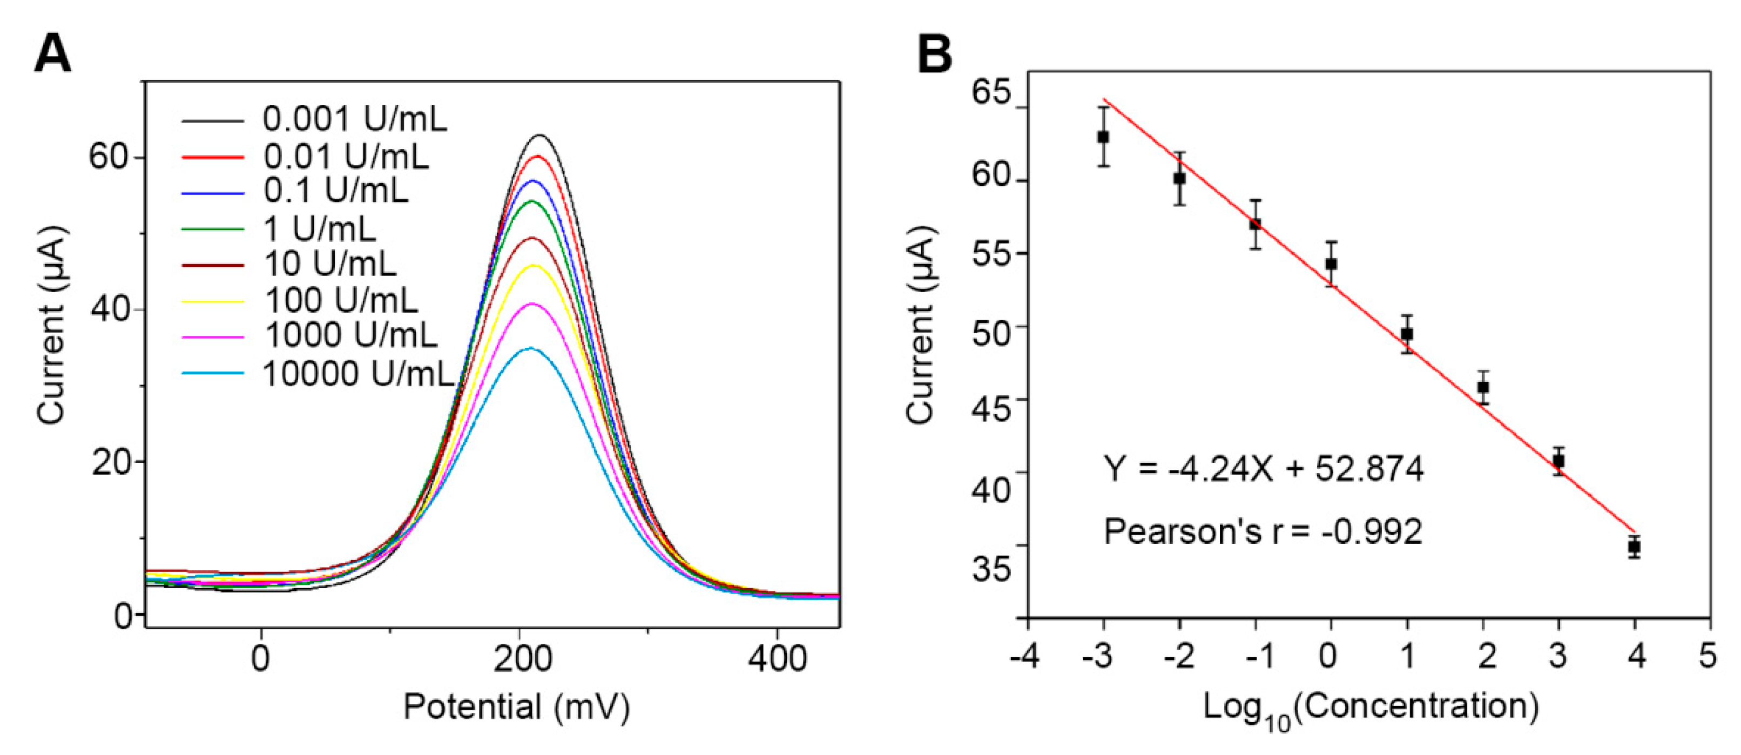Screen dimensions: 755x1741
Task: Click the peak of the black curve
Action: click(x=541, y=136)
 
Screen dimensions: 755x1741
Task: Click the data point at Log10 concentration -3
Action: click(x=1103, y=137)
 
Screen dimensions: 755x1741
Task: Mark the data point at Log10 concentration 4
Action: click(x=1634, y=547)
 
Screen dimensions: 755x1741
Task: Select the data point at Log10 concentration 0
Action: click(x=1331, y=264)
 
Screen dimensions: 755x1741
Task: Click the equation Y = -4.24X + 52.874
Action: click(x=1263, y=469)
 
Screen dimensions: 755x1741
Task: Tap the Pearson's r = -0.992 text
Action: click(x=1263, y=532)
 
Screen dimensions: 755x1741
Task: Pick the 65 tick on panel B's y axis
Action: click(x=991, y=93)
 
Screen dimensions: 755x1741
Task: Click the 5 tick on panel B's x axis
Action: click(x=1708, y=656)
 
